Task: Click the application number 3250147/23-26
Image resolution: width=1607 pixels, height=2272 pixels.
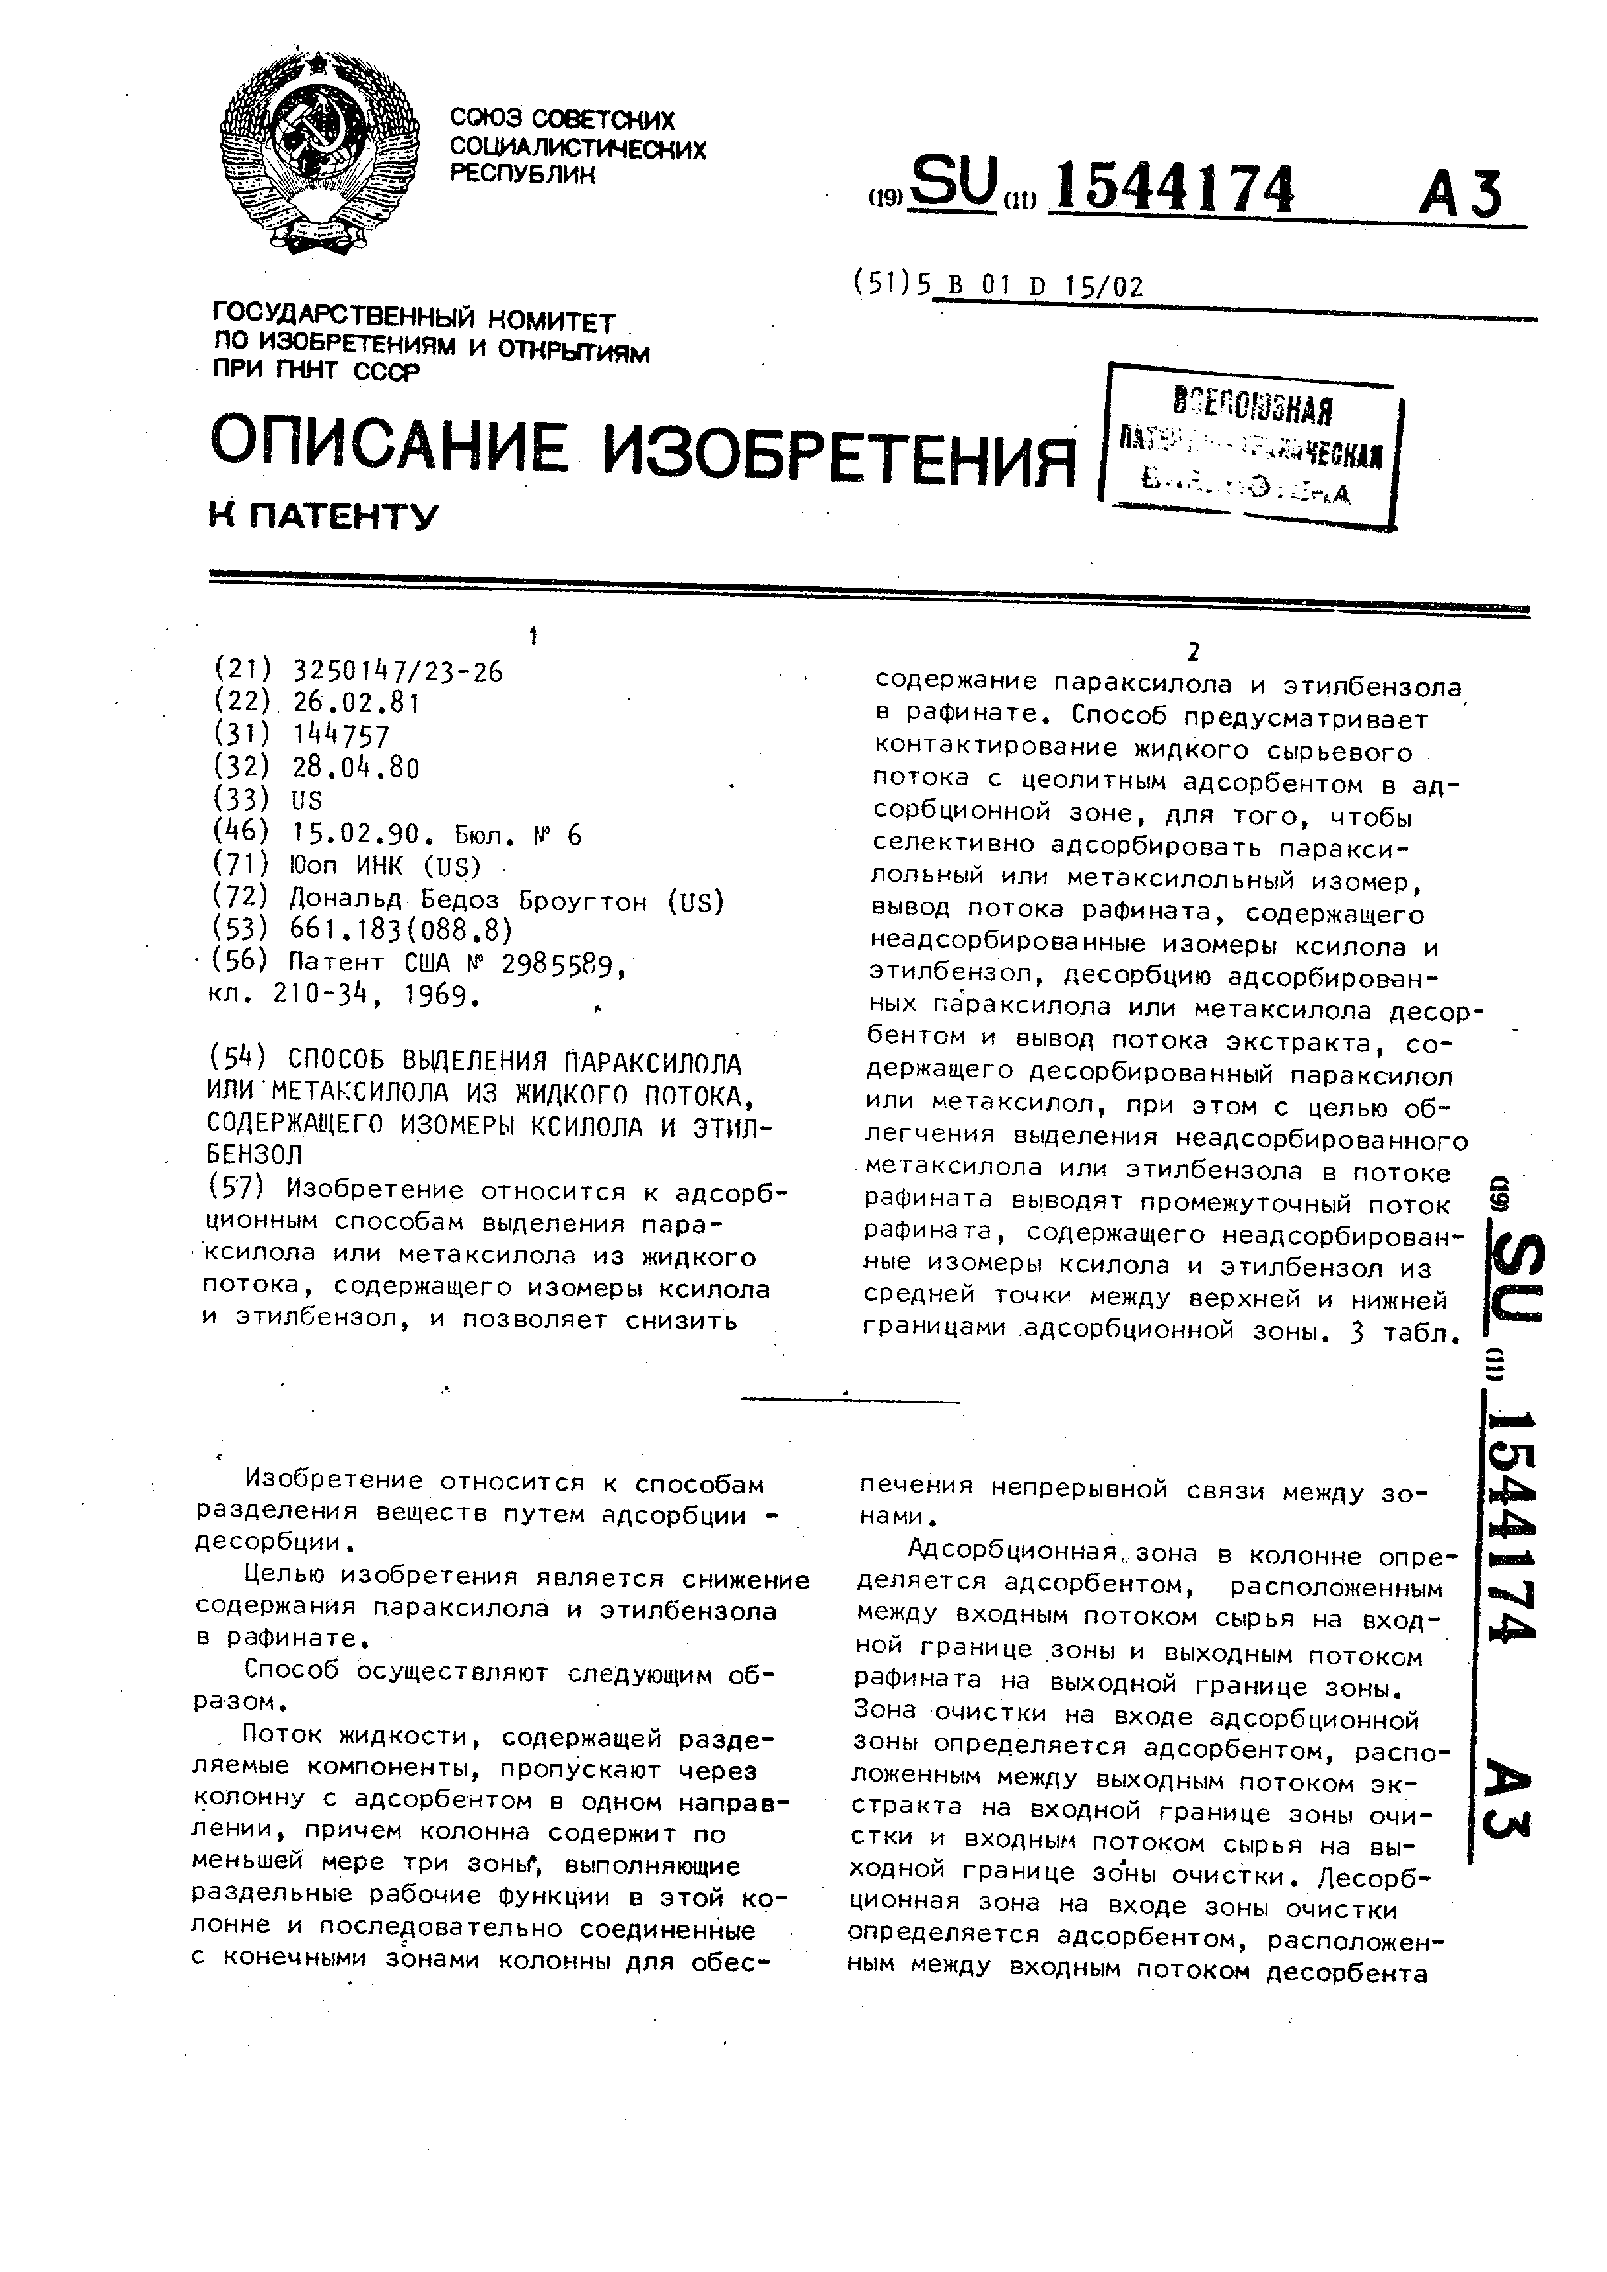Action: point(398,672)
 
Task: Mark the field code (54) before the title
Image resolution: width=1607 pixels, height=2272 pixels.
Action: point(238,1064)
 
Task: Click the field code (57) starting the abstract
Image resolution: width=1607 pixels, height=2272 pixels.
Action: point(238,1191)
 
